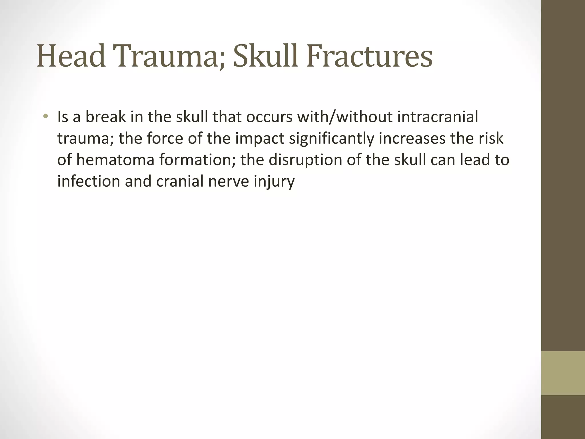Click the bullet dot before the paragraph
pyautogui.click(x=45, y=117)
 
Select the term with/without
pyautogui.click(x=345, y=117)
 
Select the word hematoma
pyautogui.click(x=115, y=160)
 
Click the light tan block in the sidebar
pyautogui.click(x=563, y=373)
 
